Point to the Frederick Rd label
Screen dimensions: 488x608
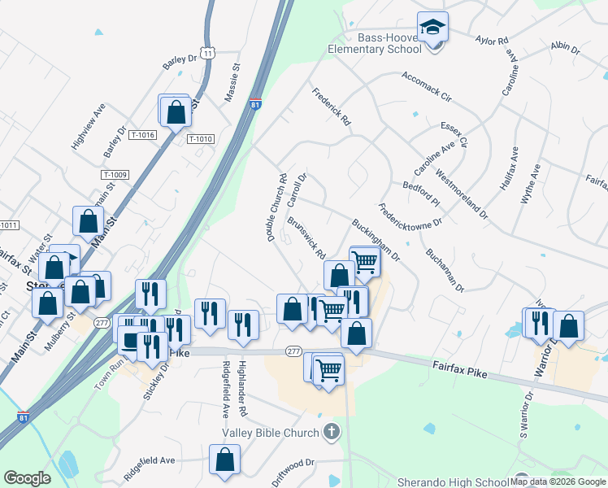pos(331,107)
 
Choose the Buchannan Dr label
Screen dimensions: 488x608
pos(444,270)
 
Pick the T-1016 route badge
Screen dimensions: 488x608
pos(142,135)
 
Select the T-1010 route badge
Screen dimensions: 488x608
pos(200,139)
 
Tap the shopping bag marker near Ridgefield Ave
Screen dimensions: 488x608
pos(224,460)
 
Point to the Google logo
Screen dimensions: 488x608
pos(27,478)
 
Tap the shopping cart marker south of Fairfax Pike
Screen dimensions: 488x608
pos(328,370)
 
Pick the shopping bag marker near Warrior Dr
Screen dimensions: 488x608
pos(569,327)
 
